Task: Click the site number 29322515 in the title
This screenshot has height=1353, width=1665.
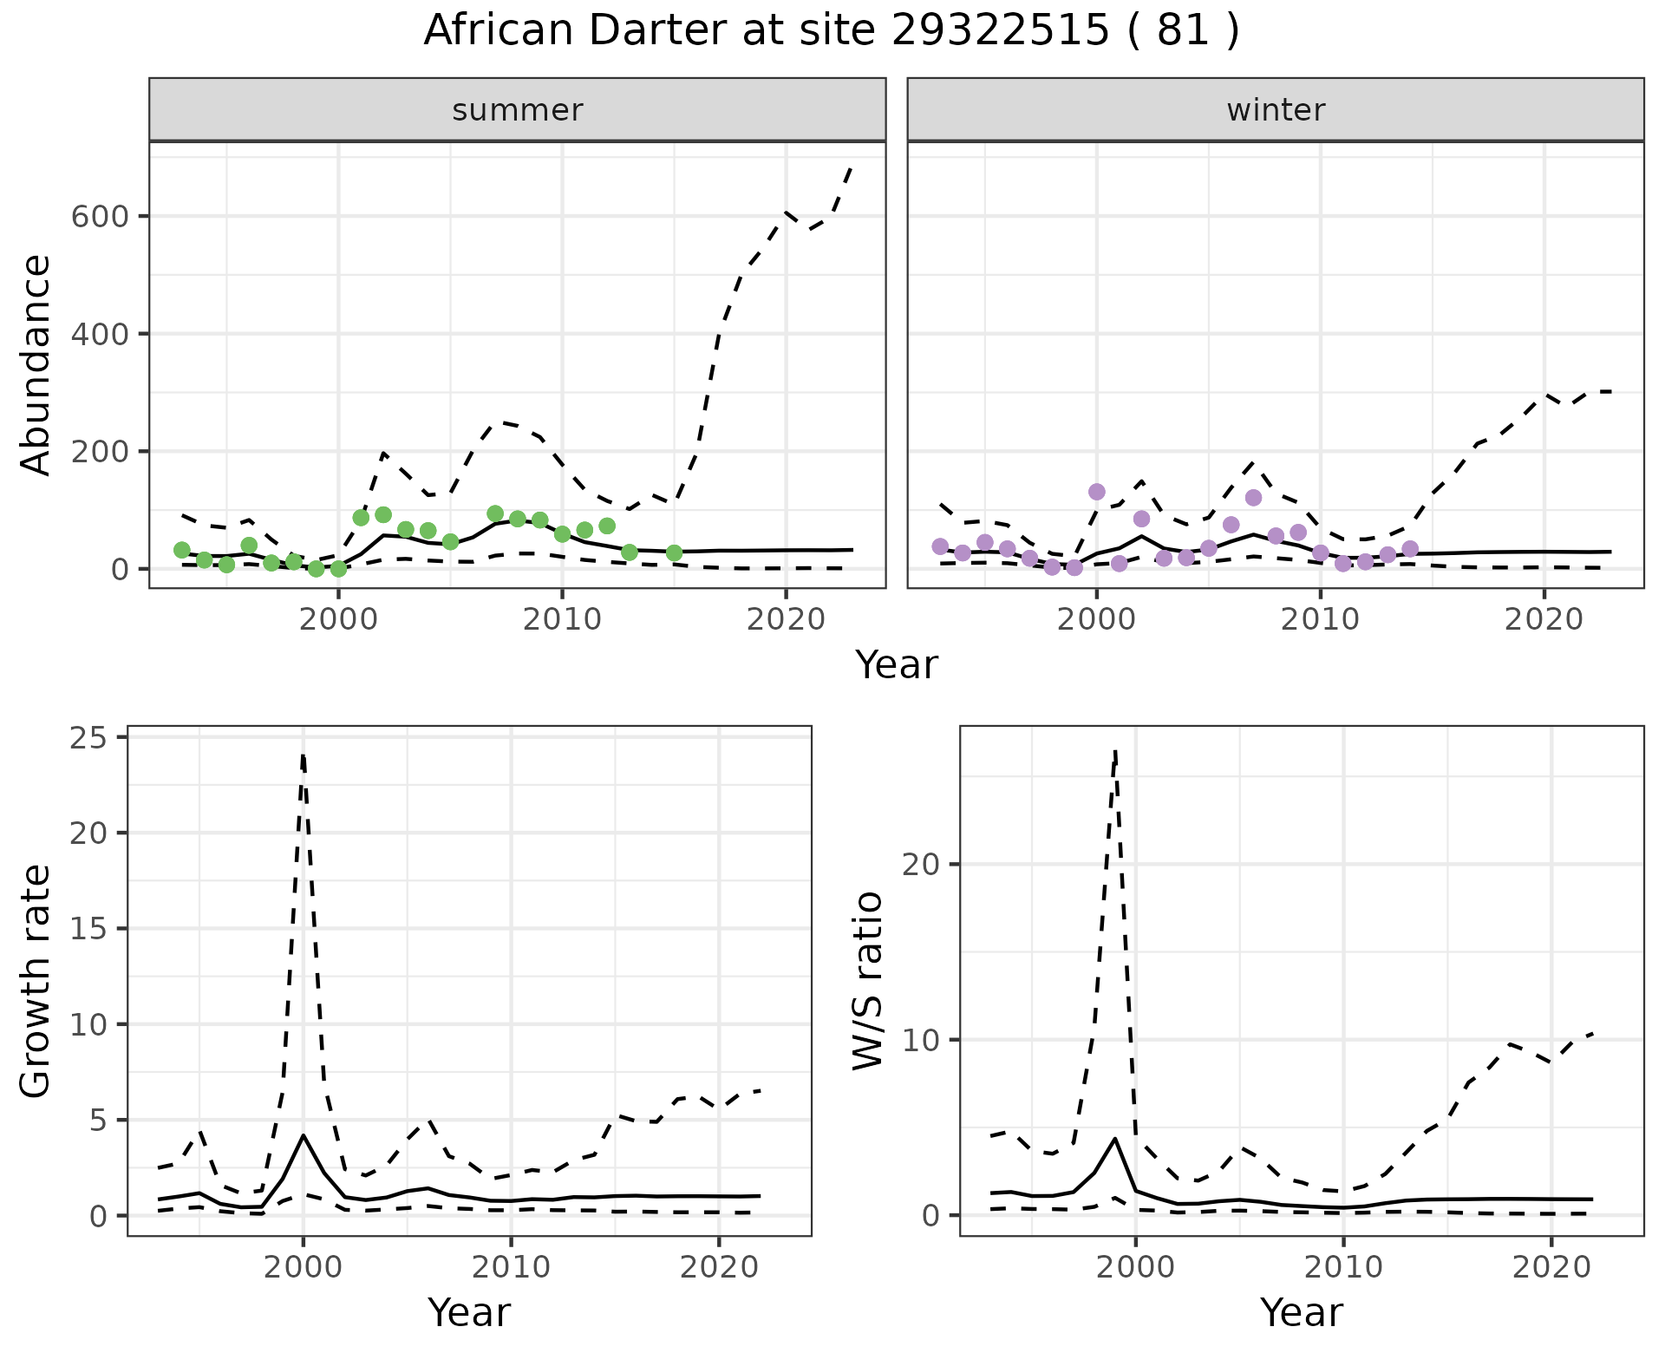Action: (x=1000, y=31)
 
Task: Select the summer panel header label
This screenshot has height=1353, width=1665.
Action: (x=518, y=110)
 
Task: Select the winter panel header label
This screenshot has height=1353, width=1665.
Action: (x=1276, y=110)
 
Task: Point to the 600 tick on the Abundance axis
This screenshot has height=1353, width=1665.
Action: (x=99, y=217)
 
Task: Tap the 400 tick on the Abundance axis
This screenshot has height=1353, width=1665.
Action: (x=99, y=334)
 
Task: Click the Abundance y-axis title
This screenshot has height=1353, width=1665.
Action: (x=36, y=365)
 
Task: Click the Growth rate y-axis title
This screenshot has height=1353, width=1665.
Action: (x=36, y=981)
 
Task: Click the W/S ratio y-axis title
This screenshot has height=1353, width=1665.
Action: (x=868, y=981)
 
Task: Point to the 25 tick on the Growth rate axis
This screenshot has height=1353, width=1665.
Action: (x=87, y=738)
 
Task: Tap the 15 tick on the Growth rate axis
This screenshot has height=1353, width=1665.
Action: (x=87, y=929)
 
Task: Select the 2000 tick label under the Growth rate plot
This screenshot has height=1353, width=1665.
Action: (x=303, y=1267)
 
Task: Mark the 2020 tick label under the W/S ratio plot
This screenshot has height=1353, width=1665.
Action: (x=1551, y=1267)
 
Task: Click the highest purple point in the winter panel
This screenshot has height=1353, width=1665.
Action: (x=1097, y=492)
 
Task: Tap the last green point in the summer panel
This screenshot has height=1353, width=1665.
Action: (x=674, y=553)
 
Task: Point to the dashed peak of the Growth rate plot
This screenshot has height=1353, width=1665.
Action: (x=303, y=756)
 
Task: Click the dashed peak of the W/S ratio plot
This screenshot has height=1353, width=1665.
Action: (x=1115, y=751)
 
